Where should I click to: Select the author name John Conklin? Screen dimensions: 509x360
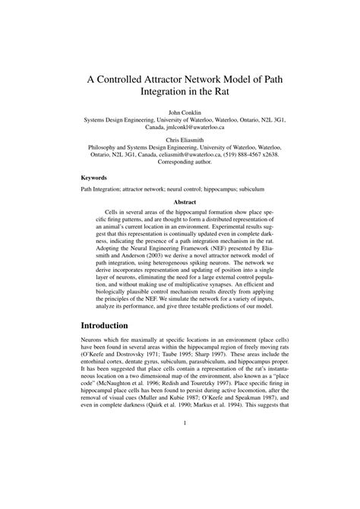point(179,112)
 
